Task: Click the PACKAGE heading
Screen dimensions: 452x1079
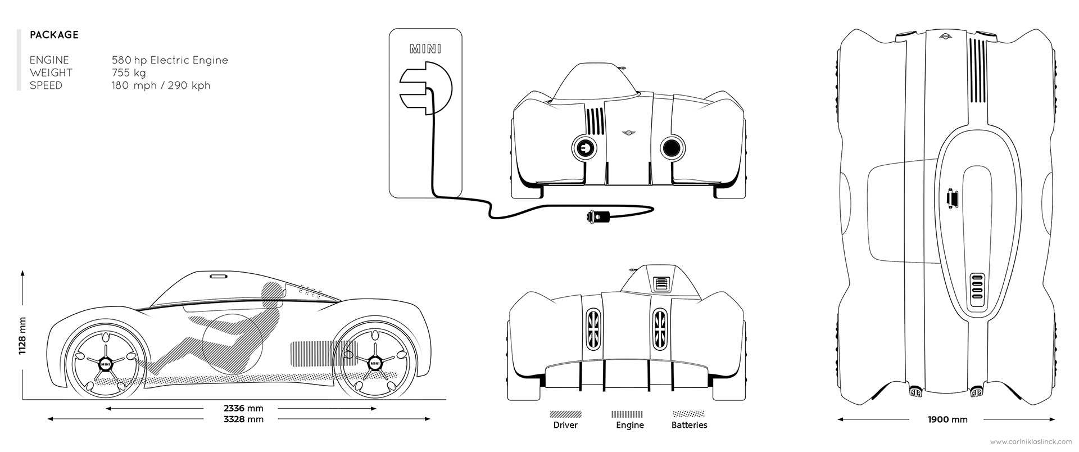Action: click(x=54, y=35)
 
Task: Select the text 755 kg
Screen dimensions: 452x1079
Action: click(x=129, y=73)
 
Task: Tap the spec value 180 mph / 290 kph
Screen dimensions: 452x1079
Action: click(x=161, y=86)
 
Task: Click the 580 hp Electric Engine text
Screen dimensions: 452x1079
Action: click(x=170, y=60)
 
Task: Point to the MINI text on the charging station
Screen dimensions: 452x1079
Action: click(x=425, y=49)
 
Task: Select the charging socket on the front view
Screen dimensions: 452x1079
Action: click(x=584, y=148)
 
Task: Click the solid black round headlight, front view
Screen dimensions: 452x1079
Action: click(x=671, y=148)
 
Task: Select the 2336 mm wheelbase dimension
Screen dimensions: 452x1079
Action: click(x=243, y=408)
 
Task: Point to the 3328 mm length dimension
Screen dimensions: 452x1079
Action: click(x=243, y=419)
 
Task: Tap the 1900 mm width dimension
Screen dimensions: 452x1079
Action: click(x=947, y=419)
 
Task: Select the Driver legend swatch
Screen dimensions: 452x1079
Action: click(x=565, y=414)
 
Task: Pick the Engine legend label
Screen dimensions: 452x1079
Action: click(x=629, y=426)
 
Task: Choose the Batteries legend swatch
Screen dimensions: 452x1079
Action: click(x=690, y=414)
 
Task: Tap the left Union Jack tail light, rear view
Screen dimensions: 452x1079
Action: click(x=594, y=329)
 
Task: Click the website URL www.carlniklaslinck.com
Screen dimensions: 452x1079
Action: click(x=1032, y=442)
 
